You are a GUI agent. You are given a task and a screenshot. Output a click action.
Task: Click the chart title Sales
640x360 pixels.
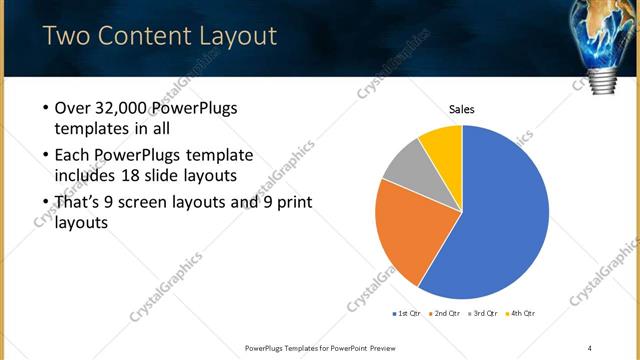coord(461,109)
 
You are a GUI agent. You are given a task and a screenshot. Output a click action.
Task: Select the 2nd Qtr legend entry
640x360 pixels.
coord(445,314)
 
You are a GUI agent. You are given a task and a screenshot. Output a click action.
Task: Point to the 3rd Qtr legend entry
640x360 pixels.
coord(484,314)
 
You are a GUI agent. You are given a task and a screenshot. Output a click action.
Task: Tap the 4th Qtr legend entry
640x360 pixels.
coord(522,314)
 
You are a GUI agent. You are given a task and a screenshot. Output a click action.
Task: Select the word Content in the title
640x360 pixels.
coord(140,37)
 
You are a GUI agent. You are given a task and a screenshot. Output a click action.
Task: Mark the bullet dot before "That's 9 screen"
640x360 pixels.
coord(46,203)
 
